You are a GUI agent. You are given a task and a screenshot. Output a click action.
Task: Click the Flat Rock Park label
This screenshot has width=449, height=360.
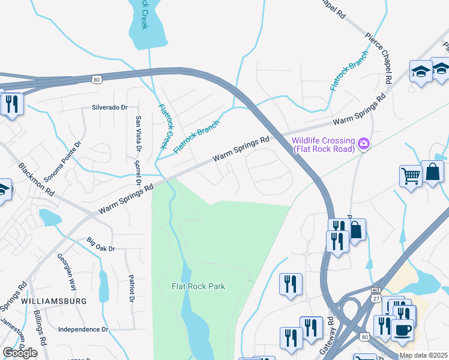point(198,286)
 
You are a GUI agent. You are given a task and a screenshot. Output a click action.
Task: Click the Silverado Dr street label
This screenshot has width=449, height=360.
point(110,108)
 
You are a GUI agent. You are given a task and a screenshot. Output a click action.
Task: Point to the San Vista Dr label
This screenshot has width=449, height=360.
point(139,133)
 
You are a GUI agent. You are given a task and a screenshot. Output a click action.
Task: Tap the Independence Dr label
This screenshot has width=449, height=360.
point(83,329)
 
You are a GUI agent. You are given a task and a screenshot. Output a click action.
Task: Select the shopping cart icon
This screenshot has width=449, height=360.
point(411,176)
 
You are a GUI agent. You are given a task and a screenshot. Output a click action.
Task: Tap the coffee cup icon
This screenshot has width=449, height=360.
point(402,329)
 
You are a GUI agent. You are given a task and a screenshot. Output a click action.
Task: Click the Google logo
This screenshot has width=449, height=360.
point(20,353)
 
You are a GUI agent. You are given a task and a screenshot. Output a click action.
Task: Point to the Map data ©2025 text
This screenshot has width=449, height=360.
point(423,355)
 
